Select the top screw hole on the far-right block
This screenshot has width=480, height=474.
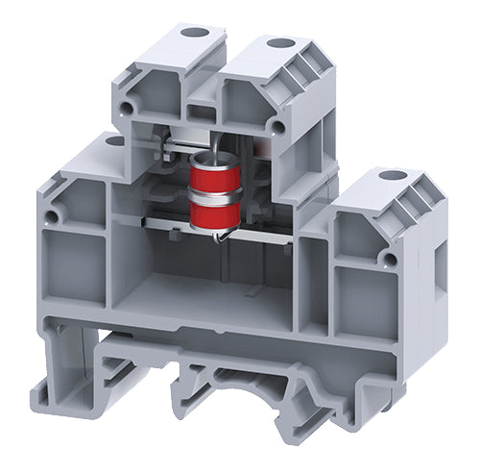(x=390, y=176)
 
